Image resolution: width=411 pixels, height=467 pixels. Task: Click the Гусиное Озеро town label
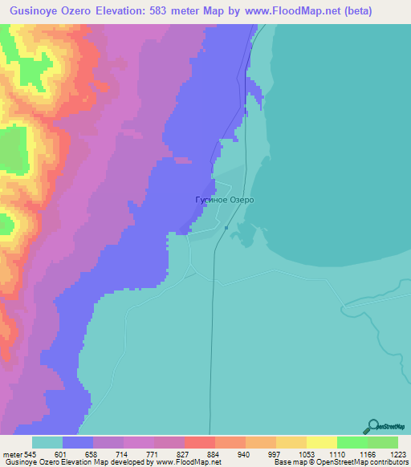[x=219, y=200]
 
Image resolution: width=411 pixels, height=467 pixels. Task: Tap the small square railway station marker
[x=226, y=228]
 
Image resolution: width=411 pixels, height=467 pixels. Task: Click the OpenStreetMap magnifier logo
[x=374, y=426]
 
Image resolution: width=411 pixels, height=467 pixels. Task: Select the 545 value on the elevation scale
[x=29, y=453]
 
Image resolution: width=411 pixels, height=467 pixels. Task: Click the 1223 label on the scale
[x=396, y=453]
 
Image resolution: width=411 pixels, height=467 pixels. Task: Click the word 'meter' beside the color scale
[x=10, y=453]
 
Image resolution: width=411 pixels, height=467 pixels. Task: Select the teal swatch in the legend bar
[x=47, y=442]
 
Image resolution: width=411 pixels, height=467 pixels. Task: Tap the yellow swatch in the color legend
[x=321, y=442]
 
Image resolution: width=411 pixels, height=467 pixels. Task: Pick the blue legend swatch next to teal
[x=78, y=442]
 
